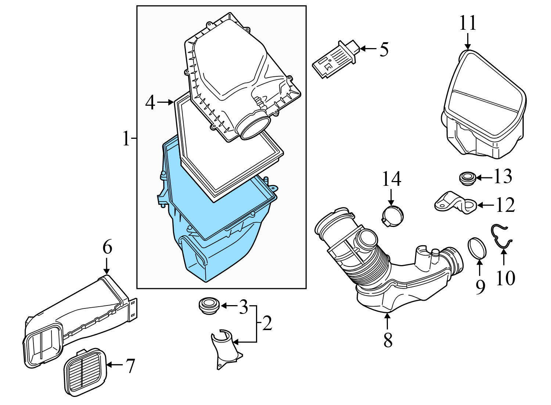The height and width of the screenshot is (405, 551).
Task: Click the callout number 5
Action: point(384,49)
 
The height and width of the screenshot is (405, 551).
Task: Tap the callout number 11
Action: point(467,23)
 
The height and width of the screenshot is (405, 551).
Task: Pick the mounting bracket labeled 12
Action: point(455,203)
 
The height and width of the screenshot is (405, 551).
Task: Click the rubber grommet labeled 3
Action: point(208,305)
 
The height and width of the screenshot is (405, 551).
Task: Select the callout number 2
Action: point(267,323)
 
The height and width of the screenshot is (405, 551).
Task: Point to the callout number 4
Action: point(150,102)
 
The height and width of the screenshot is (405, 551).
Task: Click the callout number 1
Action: point(126,139)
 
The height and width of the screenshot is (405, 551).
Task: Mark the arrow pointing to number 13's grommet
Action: point(484,178)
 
